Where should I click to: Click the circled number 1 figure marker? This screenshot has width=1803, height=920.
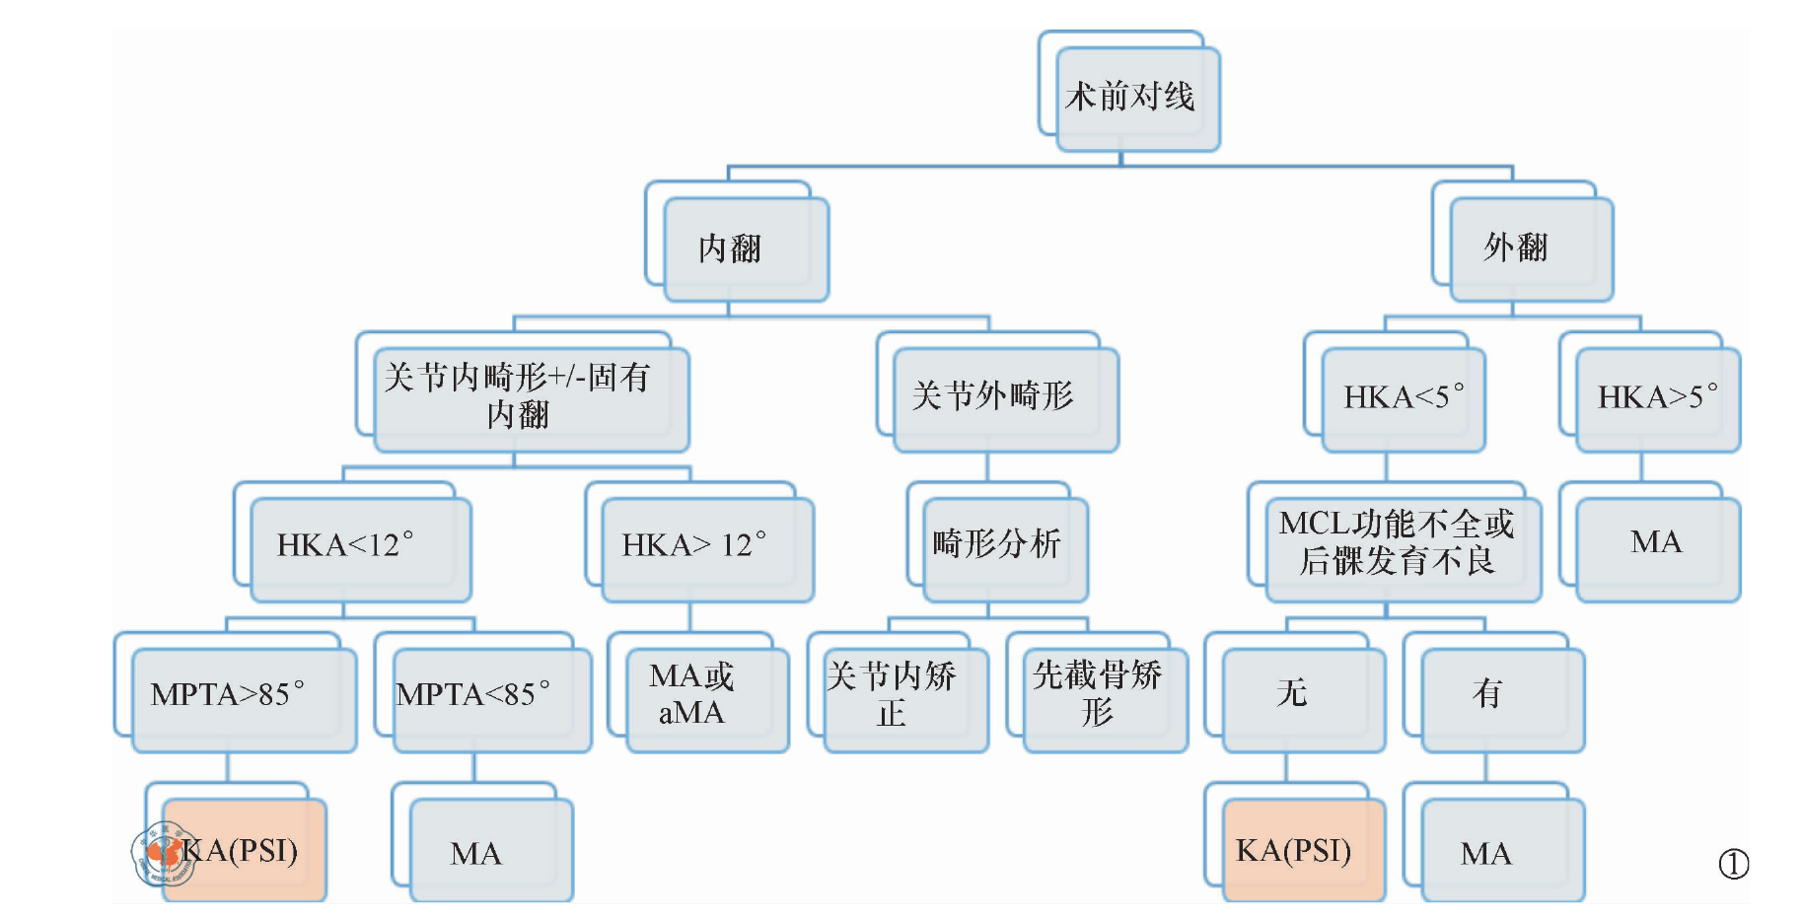tap(1733, 865)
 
